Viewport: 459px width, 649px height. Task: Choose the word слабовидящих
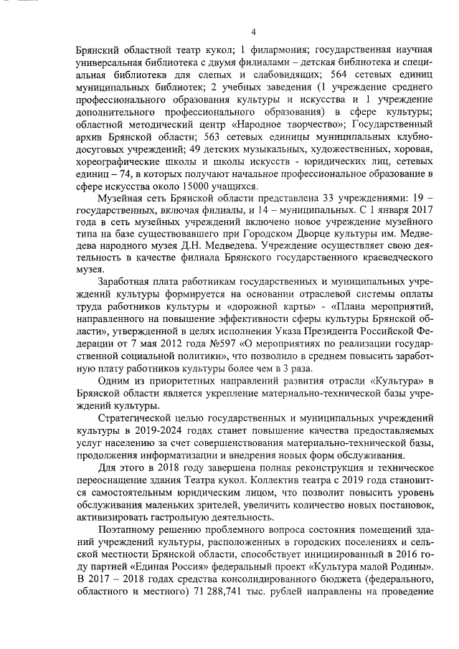[289, 75]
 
